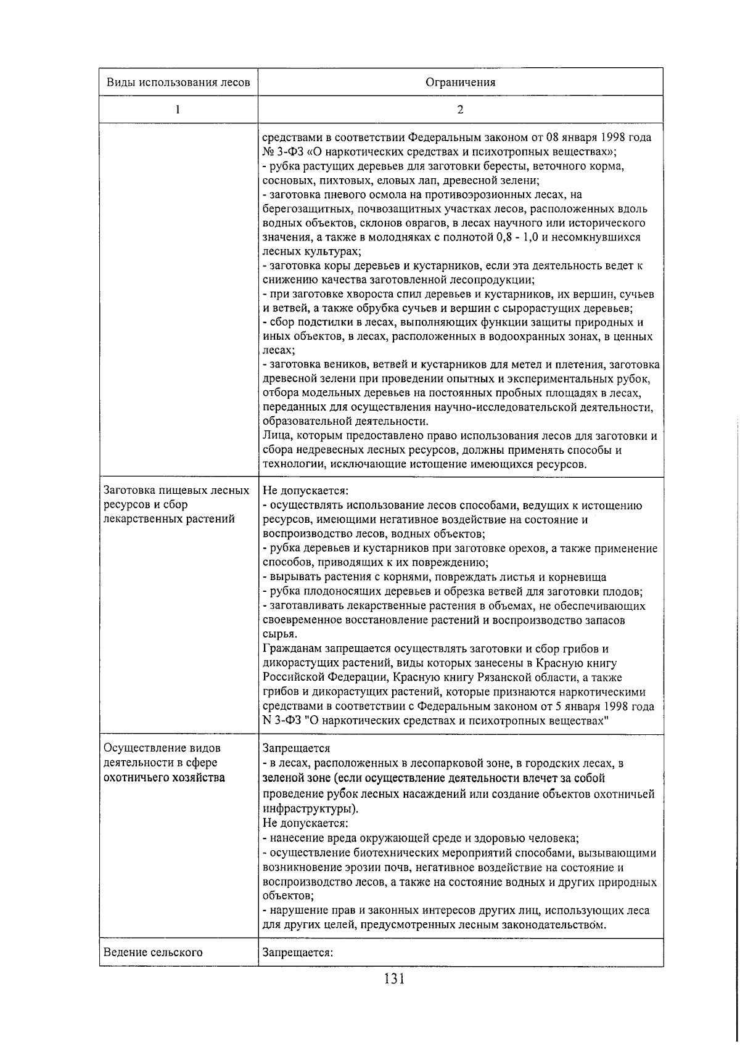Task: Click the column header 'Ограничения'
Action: (x=460, y=82)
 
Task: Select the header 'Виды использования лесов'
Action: (x=178, y=82)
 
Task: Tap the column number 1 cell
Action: (x=178, y=110)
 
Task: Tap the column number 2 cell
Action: (x=460, y=110)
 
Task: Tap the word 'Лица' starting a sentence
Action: (x=273, y=436)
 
